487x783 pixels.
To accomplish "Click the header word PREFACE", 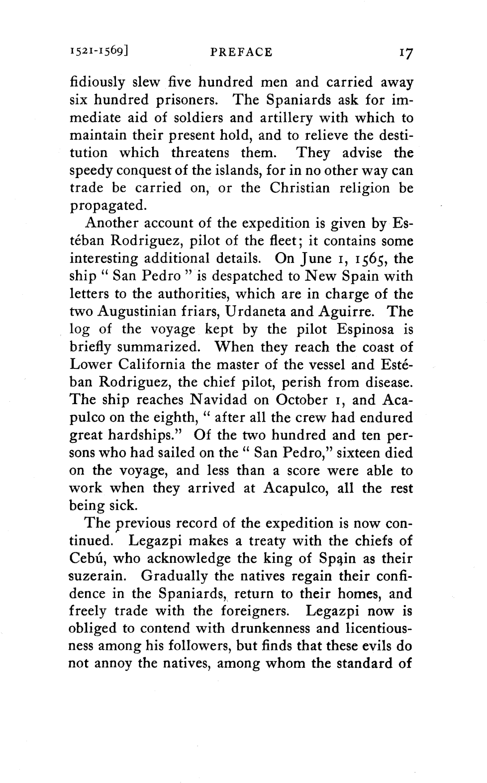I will click(241, 52).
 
